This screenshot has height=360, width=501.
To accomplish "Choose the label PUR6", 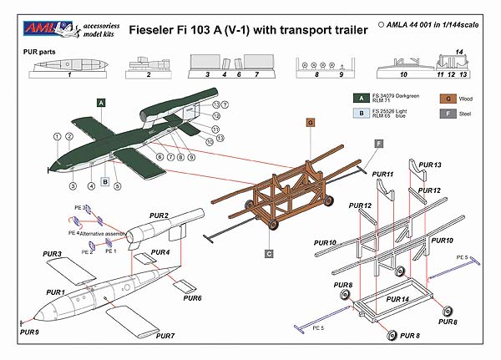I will click(x=192, y=298).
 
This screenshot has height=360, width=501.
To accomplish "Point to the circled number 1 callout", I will click(x=56, y=136).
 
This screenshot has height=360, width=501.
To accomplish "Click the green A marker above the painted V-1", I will click(x=101, y=102).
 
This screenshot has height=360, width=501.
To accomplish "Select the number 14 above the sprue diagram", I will click(x=459, y=53).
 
